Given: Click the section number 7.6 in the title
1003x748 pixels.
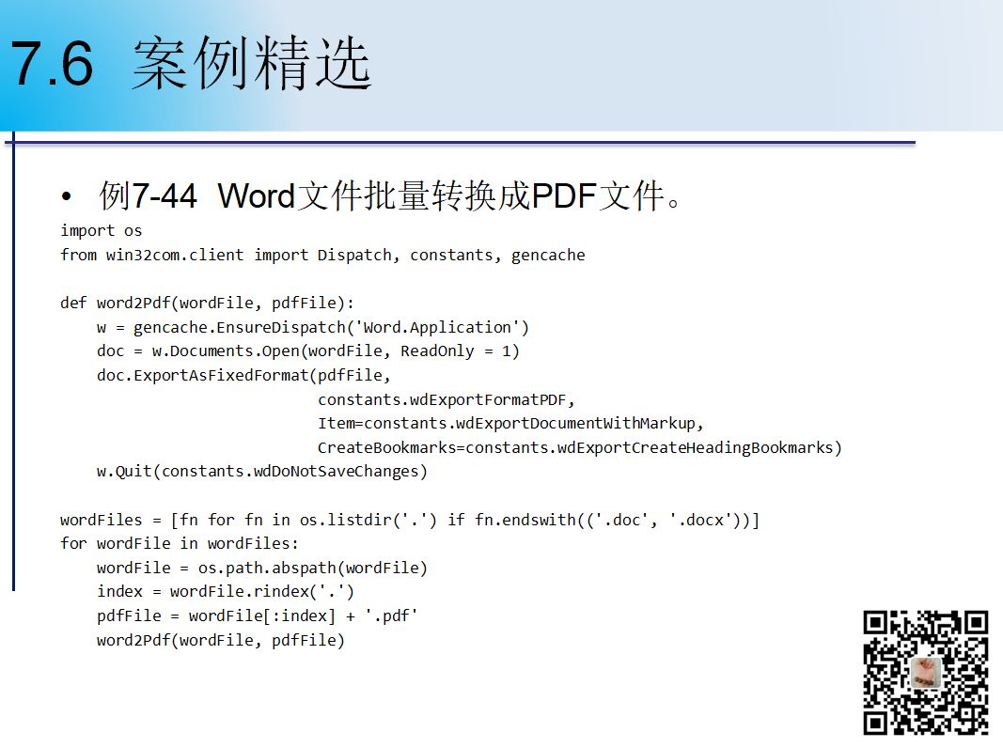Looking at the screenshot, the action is point(53,63).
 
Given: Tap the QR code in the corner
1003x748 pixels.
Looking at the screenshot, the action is point(926,673).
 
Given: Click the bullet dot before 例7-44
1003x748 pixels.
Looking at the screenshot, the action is point(67,197).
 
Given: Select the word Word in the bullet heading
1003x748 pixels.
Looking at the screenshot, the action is point(256,195).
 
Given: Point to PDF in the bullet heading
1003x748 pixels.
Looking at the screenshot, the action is point(564,195).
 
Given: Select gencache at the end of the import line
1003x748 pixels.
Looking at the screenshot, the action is point(548,256).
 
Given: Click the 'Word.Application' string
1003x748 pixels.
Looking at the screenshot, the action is point(437,327).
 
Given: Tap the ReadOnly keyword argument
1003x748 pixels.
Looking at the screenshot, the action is point(437,351).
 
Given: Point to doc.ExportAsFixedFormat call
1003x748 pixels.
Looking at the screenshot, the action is point(203,375).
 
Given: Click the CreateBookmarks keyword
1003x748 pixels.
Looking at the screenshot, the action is point(387,447).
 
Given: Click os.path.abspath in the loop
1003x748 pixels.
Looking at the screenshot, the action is point(267,568).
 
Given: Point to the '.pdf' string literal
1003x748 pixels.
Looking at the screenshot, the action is point(391,616).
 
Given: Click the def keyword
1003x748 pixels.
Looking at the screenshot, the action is point(73,303).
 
